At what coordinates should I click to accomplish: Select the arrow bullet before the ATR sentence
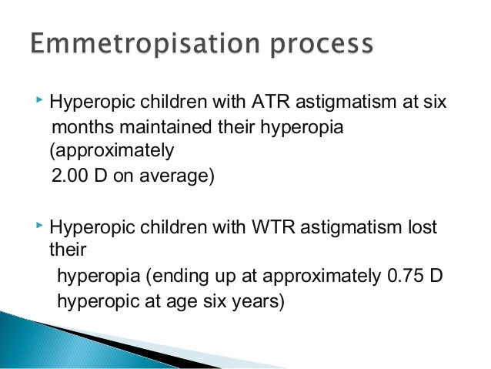click(39, 100)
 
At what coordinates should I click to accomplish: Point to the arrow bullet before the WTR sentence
click(39, 226)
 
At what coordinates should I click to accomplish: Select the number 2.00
click(71, 176)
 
